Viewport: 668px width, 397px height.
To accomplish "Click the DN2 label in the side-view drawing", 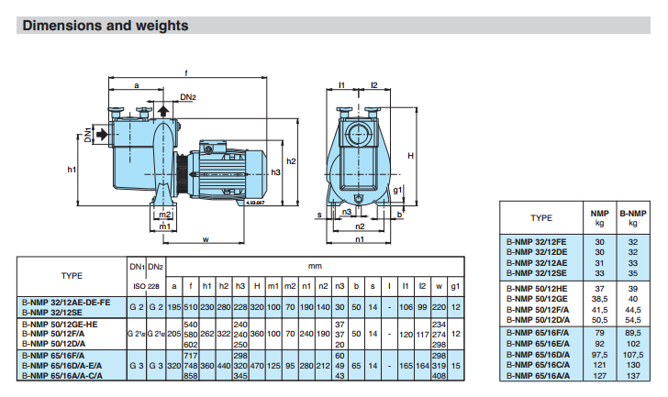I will [x=188, y=95].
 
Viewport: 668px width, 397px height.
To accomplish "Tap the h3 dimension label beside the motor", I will [x=276, y=172].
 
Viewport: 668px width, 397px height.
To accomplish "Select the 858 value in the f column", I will [x=192, y=376].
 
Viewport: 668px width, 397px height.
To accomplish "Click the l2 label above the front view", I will [x=374, y=84].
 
